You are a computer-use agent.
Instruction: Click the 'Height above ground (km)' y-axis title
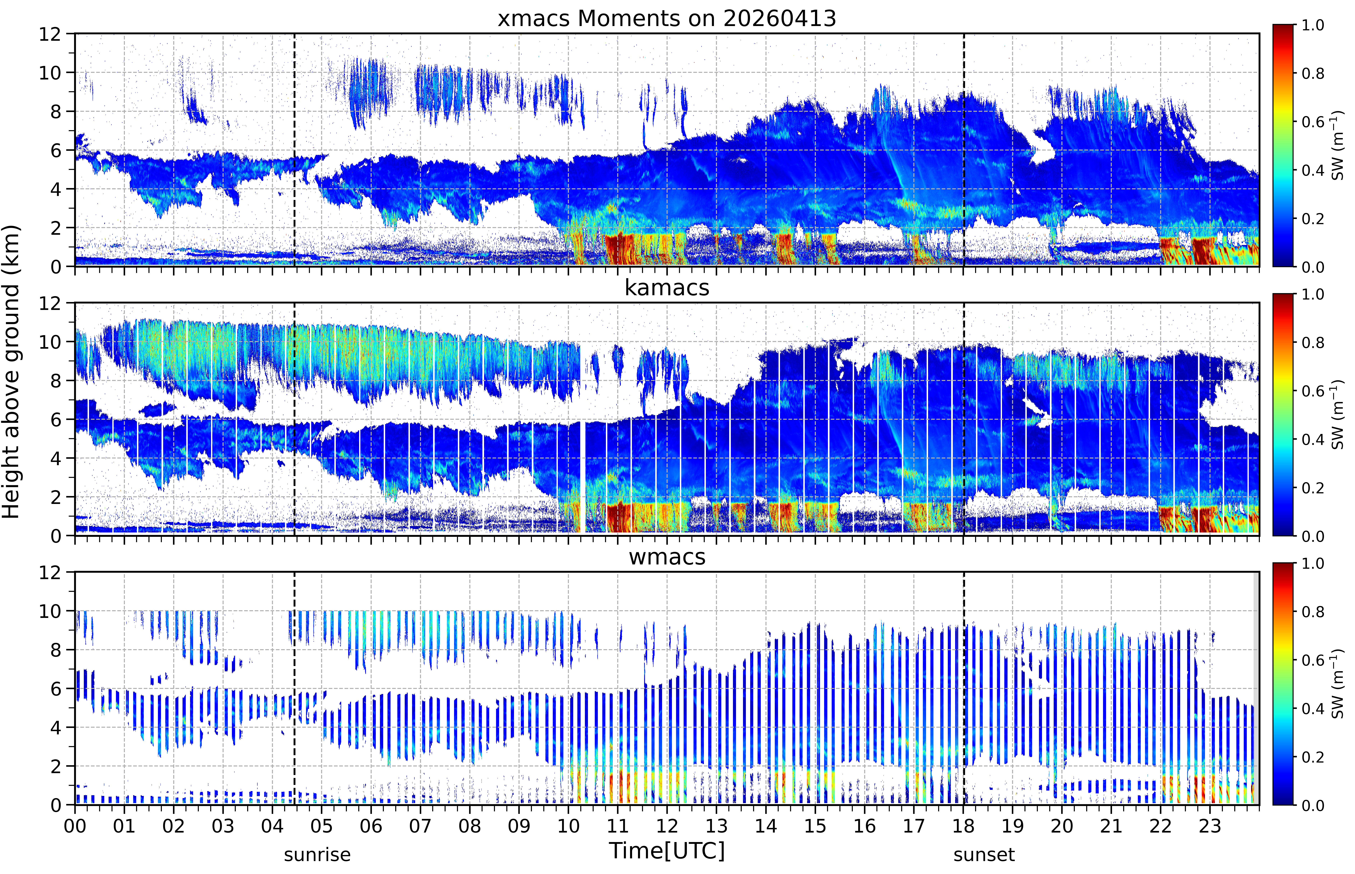(x=11, y=372)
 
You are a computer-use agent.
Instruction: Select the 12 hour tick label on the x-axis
(x=667, y=826)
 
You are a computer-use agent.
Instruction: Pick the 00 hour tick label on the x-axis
(x=75, y=826)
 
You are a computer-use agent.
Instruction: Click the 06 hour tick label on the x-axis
(x=371, y=826)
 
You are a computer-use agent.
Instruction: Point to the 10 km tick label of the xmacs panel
(x=50, y=73)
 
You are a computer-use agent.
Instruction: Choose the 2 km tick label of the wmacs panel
(x=56, y=766)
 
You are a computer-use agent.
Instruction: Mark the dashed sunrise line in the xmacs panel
(x=295, y=150)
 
